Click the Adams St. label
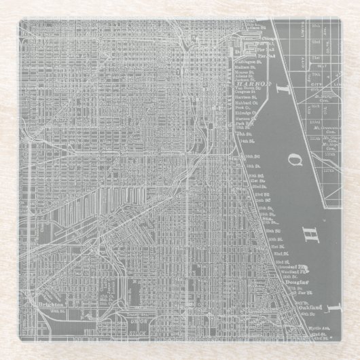[245, 76]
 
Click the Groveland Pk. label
[293, 267]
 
